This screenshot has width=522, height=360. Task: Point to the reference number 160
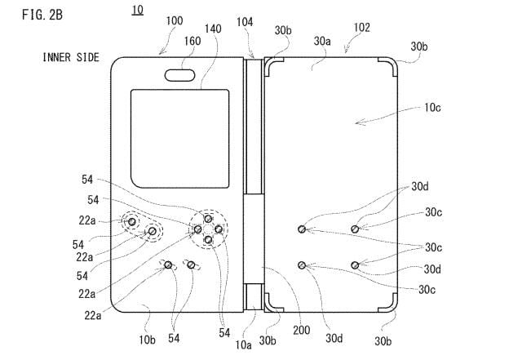pos(192,41)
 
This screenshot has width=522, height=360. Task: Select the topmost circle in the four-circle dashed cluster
pos(209,219)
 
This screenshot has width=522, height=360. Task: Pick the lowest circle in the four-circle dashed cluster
pos(208,239)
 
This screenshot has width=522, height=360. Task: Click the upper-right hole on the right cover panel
pos(355,229)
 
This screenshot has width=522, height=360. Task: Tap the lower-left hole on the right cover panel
pos(303,264)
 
